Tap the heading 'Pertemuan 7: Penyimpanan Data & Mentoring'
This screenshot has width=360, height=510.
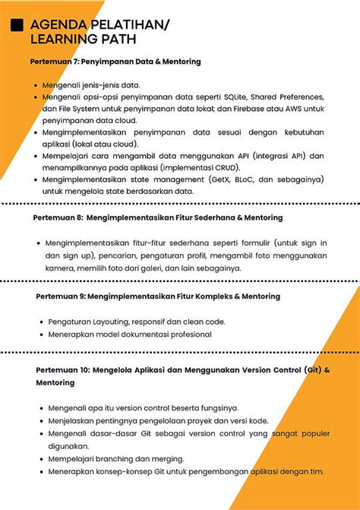pyautogui.click(x=115, y=62)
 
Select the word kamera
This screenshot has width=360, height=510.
pyautogui.click(x=58, y=268)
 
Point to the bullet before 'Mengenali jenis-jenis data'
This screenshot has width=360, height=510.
pyautogui.click(x=36, y=86)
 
